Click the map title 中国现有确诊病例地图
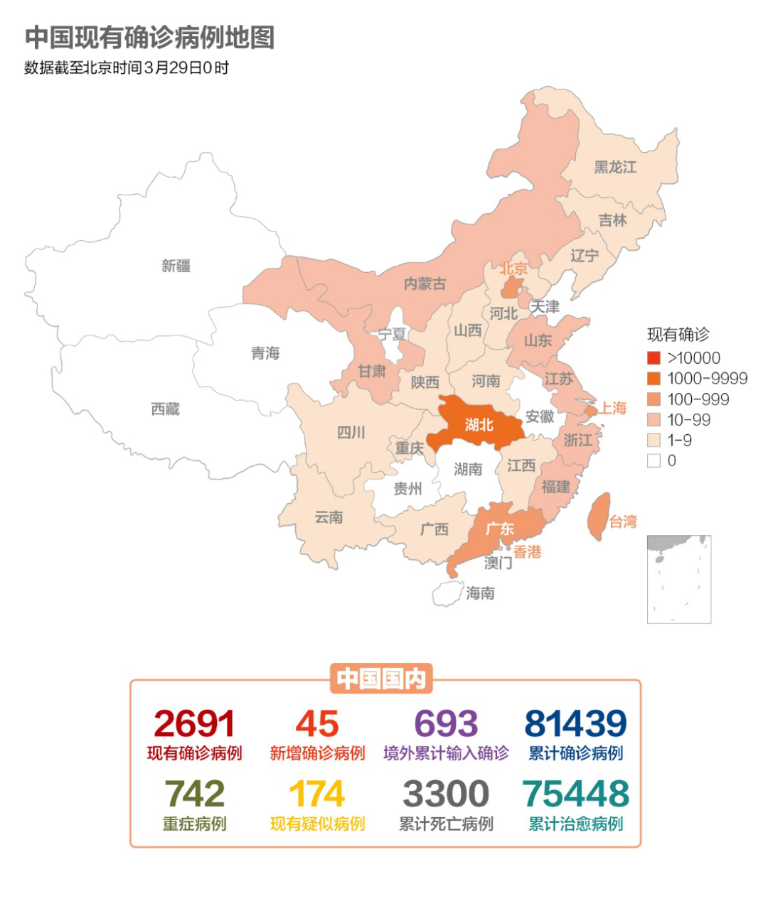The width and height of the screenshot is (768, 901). pos(149,38)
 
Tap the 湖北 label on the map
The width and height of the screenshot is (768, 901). pos(479,425)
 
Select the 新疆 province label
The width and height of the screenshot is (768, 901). pos(176,266)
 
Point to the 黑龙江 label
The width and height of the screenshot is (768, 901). pos(615,167)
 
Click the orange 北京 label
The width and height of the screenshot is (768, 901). pos(513,269)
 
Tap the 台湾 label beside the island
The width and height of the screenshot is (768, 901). pos(623,522)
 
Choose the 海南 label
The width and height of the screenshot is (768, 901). pos(480,593)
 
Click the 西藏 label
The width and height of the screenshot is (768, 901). pos(165,409)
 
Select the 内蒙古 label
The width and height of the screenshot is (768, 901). pos(425,284)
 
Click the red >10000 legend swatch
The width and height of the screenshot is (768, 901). pos(654,358)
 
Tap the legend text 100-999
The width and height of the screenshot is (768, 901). pos(698,399)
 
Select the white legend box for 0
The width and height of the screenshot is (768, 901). pos(654,460)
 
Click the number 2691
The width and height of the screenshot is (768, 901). pos(194,724)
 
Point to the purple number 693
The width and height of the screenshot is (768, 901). pos(446,724)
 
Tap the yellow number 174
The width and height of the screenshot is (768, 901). pos(317,794)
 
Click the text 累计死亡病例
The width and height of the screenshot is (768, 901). pos(446,824)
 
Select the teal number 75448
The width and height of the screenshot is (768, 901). pos(576,794)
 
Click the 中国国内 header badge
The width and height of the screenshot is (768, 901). pos(381,679)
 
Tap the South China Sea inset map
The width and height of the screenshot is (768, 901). pos(678,579)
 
